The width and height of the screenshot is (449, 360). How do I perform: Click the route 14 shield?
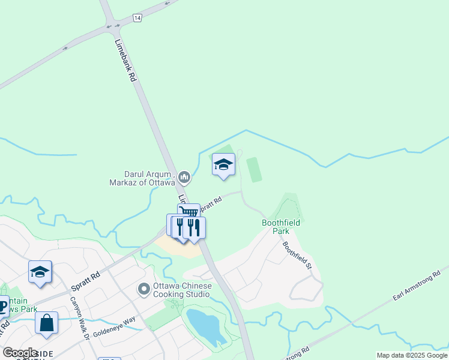(137, 19)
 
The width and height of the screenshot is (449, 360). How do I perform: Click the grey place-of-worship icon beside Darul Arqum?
(184, 177)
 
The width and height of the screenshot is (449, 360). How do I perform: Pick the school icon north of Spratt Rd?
(223, 164)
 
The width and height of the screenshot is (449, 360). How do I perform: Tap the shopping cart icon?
(190, 212)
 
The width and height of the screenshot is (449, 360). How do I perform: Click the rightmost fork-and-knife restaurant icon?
(194, 227)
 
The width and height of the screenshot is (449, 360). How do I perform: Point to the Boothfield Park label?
(280, 226)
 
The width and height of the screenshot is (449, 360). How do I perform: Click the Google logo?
(20, 353)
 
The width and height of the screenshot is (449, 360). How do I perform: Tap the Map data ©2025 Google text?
(412, 355)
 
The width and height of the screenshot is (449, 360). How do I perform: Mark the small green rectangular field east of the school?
(254, 169)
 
